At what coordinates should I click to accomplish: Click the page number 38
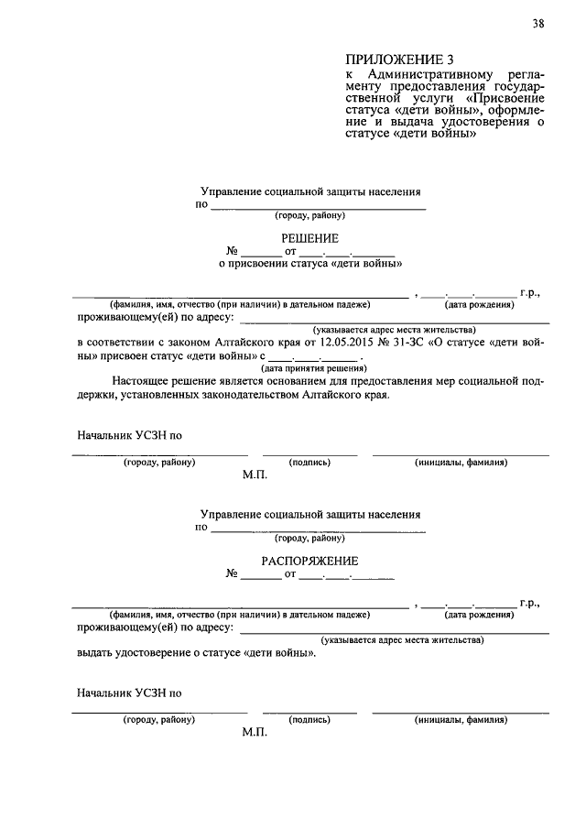(537, 25)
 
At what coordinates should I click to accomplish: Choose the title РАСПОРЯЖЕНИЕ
(309, 561)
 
